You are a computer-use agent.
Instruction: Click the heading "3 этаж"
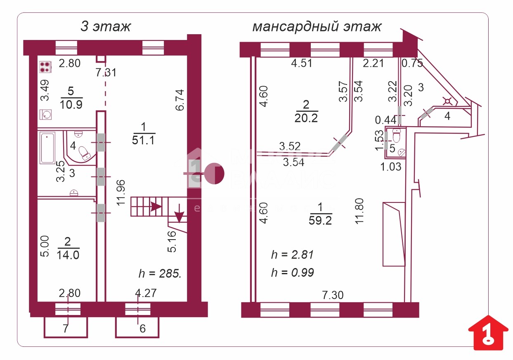click(105, 27)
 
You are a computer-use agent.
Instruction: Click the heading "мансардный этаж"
click(317, 27)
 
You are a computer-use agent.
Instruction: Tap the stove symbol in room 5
click(45, 67)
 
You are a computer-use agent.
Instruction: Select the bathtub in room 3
click(48, 148)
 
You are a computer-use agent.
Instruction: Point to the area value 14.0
click(68, 254)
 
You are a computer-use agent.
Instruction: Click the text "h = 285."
click(160, 273)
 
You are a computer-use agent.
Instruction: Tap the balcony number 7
click(65, 329)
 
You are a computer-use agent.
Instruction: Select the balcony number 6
click(143, 329)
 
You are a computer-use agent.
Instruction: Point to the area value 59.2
click(320, 221)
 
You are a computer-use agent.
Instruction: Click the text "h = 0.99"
click(292, 272)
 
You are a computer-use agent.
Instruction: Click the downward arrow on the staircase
click(180, 216)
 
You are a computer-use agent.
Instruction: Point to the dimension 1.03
click(390, 167)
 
